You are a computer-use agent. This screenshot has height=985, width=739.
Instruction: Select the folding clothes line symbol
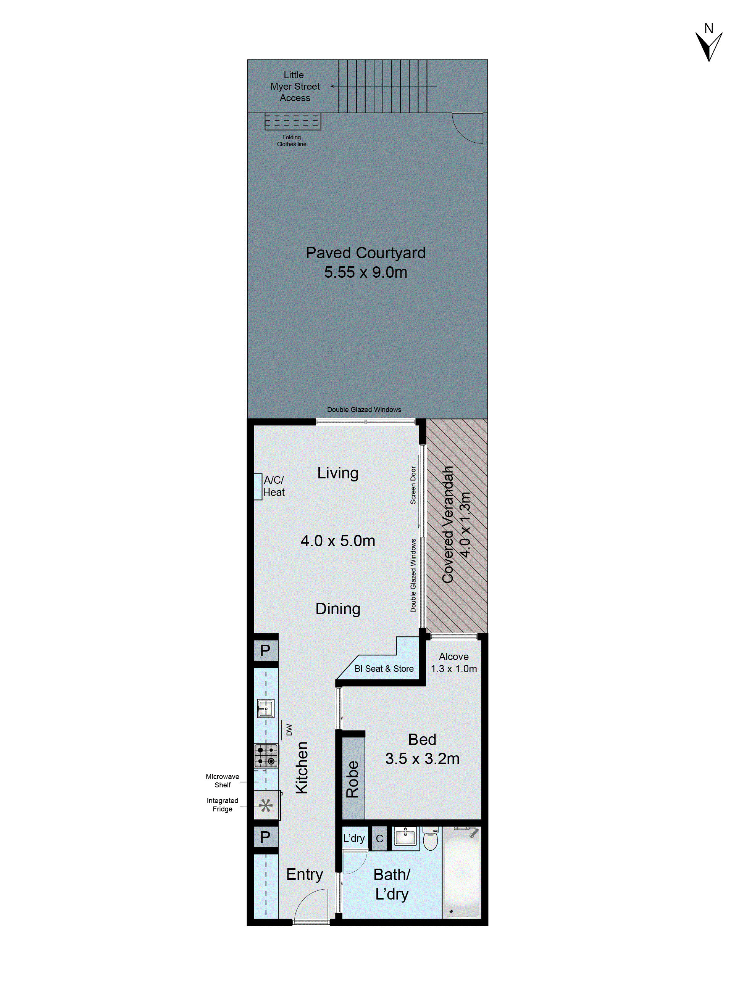292,121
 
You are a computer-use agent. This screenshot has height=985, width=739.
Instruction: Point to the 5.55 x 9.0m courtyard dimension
365,272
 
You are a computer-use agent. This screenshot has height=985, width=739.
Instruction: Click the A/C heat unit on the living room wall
258,486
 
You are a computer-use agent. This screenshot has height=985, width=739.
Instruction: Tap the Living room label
338,473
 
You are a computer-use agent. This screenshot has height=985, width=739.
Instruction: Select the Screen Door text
413,485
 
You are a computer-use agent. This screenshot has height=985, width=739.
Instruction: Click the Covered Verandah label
448,524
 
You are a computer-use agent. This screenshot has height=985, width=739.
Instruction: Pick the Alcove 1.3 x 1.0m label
453,662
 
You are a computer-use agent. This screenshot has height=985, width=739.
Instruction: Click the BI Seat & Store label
384,668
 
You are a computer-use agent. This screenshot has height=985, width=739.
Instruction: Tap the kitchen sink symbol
266,708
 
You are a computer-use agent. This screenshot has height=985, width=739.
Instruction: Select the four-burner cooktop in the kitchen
266,755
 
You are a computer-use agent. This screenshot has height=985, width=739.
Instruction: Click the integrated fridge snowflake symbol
266,805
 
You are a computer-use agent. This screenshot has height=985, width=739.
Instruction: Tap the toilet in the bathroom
430,840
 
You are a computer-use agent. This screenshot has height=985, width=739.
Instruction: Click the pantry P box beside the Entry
265,837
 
